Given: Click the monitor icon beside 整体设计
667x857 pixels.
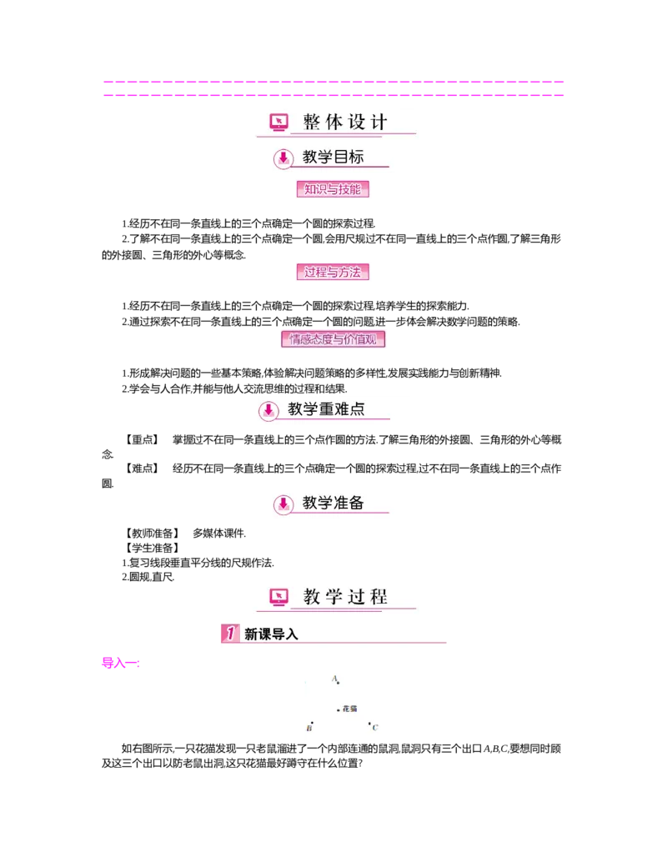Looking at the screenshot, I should tap(278, 123).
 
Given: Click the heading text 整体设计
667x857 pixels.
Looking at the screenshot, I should tap(345, 123).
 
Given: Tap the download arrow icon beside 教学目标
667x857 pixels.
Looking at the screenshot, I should tap(283, 157).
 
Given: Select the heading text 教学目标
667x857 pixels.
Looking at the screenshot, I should tap(333, 156).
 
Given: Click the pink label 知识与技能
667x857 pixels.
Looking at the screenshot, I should tap(333, 189).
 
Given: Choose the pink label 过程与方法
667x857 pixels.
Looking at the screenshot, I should tap(333, 273).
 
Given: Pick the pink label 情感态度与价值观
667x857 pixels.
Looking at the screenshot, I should tap(336, 339).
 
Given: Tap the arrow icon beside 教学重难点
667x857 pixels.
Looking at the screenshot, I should tap(268, 410).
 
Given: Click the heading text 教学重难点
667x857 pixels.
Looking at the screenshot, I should tap(326, 409).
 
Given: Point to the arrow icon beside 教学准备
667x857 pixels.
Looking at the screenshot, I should tap(283, 504).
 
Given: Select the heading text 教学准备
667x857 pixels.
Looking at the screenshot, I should tap(333, 503).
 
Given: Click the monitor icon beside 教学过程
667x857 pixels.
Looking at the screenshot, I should tap(278, 596).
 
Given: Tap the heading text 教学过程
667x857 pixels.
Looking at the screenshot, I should tap(345, 596).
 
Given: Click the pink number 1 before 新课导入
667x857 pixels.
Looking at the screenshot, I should tap(230, 634).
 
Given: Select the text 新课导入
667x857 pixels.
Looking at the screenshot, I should tap(271, 634).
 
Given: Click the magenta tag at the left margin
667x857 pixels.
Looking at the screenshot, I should tap(119, 664).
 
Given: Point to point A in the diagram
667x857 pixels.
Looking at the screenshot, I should tap(338, 683).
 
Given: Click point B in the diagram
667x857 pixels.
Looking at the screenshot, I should tap(312, 724).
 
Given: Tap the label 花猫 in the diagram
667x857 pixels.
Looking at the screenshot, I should tap(349, 709).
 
